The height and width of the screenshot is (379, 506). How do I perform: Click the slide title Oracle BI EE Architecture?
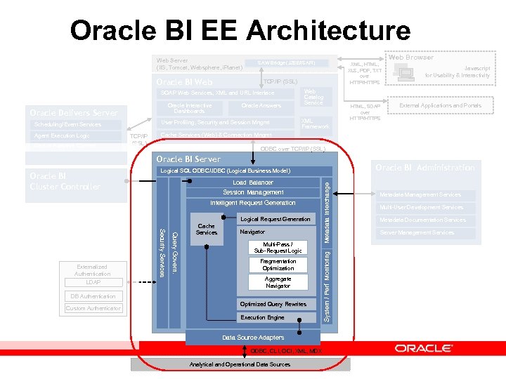click(x=240, y=31)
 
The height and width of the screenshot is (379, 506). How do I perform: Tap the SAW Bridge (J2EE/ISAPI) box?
click(x=287, y=63)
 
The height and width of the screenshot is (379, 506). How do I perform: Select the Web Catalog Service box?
click(x=313, y=97)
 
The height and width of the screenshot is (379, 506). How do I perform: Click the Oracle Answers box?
click(x=261, y=105)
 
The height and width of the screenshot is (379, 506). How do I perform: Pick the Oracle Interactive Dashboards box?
click(x=189, y=108)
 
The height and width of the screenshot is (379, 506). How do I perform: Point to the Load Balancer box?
click(x=253, y=182)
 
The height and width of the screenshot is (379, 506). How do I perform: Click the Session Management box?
click(x=253, y=192)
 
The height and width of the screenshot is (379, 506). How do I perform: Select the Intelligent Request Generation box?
click(x=253, y=203)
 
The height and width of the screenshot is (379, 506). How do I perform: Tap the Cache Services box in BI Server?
click(x=206, y=230)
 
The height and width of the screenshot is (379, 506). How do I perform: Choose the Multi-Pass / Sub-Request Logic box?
click(x=278, y=248)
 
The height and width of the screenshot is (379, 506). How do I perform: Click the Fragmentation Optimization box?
click(x=278, y=265)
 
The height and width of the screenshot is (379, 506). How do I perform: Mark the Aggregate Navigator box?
click(x=278, y=282)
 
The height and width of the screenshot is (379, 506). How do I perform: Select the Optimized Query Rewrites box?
click(x=273, y=304)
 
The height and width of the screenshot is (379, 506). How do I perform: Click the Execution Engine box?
click(x=263, y=318)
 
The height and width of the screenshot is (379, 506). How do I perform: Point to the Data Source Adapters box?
click(x=253, y=338)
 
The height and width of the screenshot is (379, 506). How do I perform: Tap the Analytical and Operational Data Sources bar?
click(x=240, y=364)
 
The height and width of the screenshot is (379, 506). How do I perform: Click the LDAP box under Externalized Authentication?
click(x=93, y=282)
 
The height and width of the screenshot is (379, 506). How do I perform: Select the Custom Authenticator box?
click(x=93, y=308)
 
